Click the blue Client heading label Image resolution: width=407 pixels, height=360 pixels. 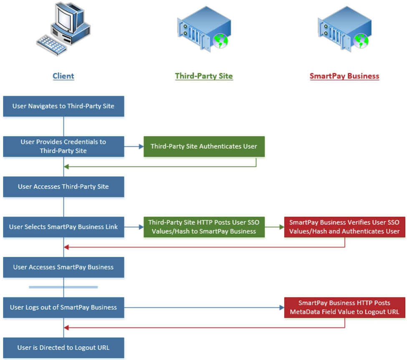coord(63,76)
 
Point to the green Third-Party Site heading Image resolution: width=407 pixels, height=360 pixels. coord(204,76)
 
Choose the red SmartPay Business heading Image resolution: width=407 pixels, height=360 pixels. coord(344,76)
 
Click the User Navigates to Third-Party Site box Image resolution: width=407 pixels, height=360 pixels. coord(63,106)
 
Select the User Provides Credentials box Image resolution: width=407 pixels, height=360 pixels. coord(63,147)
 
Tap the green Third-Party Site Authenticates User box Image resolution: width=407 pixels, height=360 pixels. coord(204,147)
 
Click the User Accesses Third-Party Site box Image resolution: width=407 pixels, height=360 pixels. coord(63,187)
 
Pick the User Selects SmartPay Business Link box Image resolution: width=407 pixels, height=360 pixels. coord(63,227)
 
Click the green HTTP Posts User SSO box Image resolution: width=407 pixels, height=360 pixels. coord(204,227)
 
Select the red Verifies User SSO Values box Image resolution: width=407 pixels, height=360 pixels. coord(344,227)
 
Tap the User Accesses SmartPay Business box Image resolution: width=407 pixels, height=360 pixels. coord(63,267)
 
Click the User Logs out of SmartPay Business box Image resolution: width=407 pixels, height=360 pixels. coord(63,307)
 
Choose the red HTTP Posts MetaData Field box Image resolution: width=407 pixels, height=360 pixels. coord(344,307)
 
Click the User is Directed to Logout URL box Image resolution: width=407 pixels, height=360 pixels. coord(63,348)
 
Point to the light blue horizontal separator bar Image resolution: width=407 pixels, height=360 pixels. coord(63,287)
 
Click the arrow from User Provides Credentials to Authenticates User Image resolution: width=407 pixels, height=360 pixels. coord(134,147)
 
